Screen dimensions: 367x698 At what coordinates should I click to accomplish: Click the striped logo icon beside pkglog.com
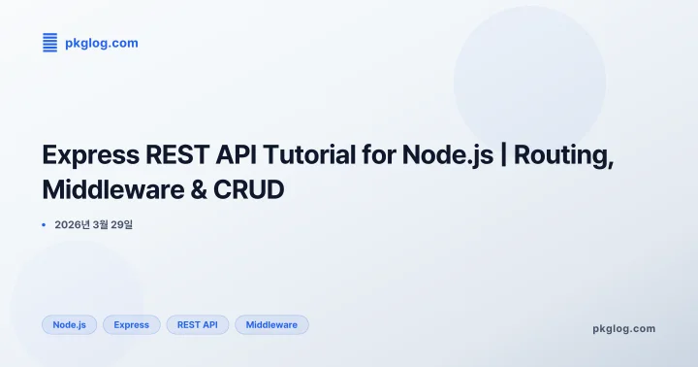tap(50, 43)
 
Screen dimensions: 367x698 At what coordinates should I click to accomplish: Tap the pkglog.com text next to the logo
tap(101, 43)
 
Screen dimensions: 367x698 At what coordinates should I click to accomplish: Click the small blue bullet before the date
tap(44, 224)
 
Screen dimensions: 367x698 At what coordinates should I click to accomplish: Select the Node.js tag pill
tap(70, 324)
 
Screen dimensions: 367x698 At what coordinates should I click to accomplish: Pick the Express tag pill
tap(131, 324)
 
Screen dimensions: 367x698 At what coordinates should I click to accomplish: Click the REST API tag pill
tap(197, 324)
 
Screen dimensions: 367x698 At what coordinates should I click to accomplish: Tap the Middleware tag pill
tap(271, 324)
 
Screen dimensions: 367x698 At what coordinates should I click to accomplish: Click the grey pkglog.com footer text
tap(623, 328)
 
